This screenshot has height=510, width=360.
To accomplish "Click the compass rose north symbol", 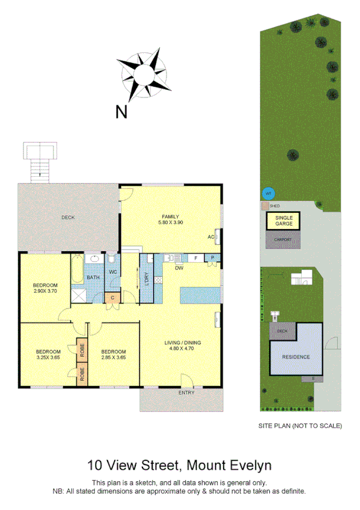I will coord(144,76).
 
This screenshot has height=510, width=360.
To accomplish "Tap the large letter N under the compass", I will coord(121,111).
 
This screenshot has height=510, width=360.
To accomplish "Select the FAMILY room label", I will coord(171,217).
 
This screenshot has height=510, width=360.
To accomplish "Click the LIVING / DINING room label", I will coord(183,343).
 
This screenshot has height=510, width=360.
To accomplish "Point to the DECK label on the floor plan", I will coord(67,217).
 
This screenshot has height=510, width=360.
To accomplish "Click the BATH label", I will coord(93,277).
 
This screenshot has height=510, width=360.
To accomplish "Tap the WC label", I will coord(112,272).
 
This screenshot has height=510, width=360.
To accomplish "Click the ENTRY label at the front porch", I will coord(186,393).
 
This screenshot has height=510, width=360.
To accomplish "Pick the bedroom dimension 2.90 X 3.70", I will coord(45,291).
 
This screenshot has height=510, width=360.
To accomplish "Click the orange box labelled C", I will coord(112,297).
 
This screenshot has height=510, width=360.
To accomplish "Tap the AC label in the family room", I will coord(211,236).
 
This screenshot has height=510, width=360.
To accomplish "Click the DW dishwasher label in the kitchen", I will coord(179,268).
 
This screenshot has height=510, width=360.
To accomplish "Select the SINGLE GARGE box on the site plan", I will coord(284,220).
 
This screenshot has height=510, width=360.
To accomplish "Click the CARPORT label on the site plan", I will coord(283,239).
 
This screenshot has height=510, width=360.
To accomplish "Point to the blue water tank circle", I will coord(269,193).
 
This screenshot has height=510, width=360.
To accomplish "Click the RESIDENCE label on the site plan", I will coord(296,357).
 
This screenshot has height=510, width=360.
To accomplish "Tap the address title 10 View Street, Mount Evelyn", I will coord(180,465).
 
